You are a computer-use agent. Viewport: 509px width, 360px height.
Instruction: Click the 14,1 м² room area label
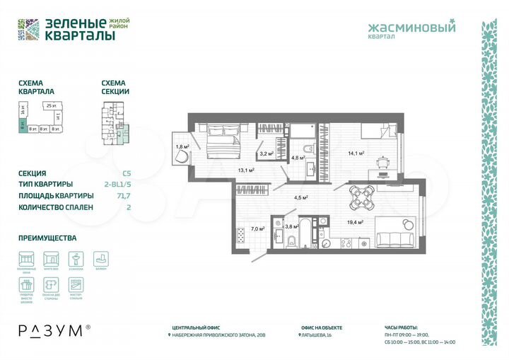click(x=355, y=153)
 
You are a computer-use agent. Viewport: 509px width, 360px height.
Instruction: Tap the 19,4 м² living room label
click(x=355, y=222)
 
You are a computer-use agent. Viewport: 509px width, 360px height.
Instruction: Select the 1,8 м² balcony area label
click(x=182, y=147)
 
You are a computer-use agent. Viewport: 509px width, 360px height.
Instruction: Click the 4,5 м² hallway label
click(x=300, y=197)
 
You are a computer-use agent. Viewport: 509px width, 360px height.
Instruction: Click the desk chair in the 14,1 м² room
click(x=382, y=161)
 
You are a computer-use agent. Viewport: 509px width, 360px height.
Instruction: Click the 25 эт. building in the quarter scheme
click(x=50, y=106)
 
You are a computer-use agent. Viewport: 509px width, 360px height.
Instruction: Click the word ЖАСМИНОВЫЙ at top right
click(x=412, y=28)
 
